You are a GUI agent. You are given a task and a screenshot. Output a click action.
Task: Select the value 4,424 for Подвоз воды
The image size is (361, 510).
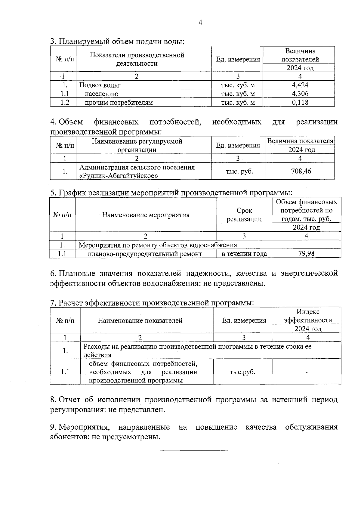(x=300, y=85)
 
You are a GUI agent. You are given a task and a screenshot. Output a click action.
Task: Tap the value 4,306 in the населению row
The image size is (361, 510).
(x=300, y=94)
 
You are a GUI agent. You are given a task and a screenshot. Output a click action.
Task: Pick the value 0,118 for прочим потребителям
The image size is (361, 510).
(x=300, y=102)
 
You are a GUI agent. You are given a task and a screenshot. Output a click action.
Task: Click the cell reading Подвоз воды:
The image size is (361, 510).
(x=100, y=85)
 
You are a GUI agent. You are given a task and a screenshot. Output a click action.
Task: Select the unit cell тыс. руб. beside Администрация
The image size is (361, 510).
(x=239, y=171)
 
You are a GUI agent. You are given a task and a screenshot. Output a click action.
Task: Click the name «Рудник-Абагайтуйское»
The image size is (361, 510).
(x=119, y=176)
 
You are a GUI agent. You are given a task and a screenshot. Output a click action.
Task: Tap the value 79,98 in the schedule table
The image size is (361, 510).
(x=306, y=254)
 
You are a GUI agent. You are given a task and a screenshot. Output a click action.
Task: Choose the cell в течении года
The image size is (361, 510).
(x=244, y=254)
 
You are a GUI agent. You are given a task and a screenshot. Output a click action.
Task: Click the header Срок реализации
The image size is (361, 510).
(x=244, y=215)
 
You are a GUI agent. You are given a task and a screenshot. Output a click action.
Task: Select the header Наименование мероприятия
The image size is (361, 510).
(x=146, y=215)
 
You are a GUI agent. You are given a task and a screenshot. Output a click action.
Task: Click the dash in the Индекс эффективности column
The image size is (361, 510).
(x=307, y=372)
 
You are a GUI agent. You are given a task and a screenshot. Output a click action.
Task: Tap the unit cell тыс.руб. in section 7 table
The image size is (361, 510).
(x=242, y=372)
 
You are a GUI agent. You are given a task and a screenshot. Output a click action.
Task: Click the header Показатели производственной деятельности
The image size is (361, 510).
(x=137, y=59)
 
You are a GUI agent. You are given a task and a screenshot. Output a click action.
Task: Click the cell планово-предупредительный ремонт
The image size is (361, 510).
(x=145, y=254)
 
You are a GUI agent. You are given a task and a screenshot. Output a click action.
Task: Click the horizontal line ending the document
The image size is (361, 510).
(x=194, y=450)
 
